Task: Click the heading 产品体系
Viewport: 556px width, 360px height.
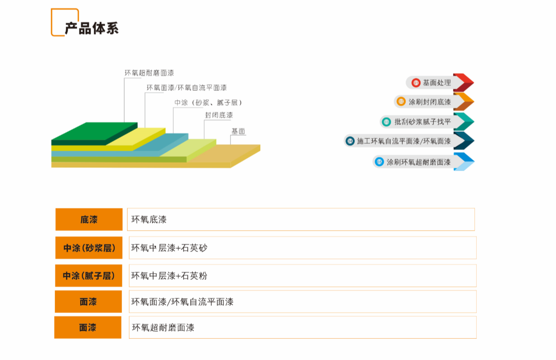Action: (92, 28)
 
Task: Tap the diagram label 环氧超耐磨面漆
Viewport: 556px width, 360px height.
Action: (149, 73)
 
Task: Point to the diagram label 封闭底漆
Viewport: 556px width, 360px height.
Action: (219, 115)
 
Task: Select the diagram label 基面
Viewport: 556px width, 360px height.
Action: (238, 131)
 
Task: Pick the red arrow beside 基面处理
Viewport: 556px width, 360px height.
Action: (463, 82)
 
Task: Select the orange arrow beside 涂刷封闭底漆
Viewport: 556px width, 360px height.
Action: (463, 102)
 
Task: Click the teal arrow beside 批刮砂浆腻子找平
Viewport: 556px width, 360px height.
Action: (463, 122)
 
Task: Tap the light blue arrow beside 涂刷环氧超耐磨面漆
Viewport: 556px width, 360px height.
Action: (463, 162)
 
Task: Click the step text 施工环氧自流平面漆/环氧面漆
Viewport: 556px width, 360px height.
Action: (404, 141)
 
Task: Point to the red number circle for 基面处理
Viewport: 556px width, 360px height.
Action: (416, 83)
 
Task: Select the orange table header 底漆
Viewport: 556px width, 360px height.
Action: (89, 220)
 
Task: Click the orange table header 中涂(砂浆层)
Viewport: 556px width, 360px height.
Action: (89, 248)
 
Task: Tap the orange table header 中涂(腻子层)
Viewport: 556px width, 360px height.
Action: (89, 276)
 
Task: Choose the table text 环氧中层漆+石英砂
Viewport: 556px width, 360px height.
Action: (169, 248)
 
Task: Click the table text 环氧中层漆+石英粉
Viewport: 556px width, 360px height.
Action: (169, 276)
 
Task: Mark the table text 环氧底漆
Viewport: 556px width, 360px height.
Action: (149, 220)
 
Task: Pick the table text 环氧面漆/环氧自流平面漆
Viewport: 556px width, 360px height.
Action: (182, 302)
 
